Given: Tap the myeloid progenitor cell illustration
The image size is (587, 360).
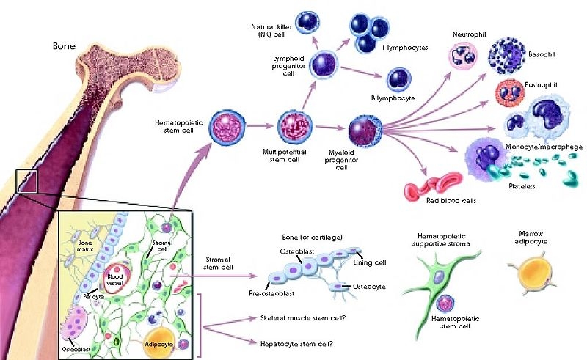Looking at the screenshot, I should [x=365, y=130].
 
